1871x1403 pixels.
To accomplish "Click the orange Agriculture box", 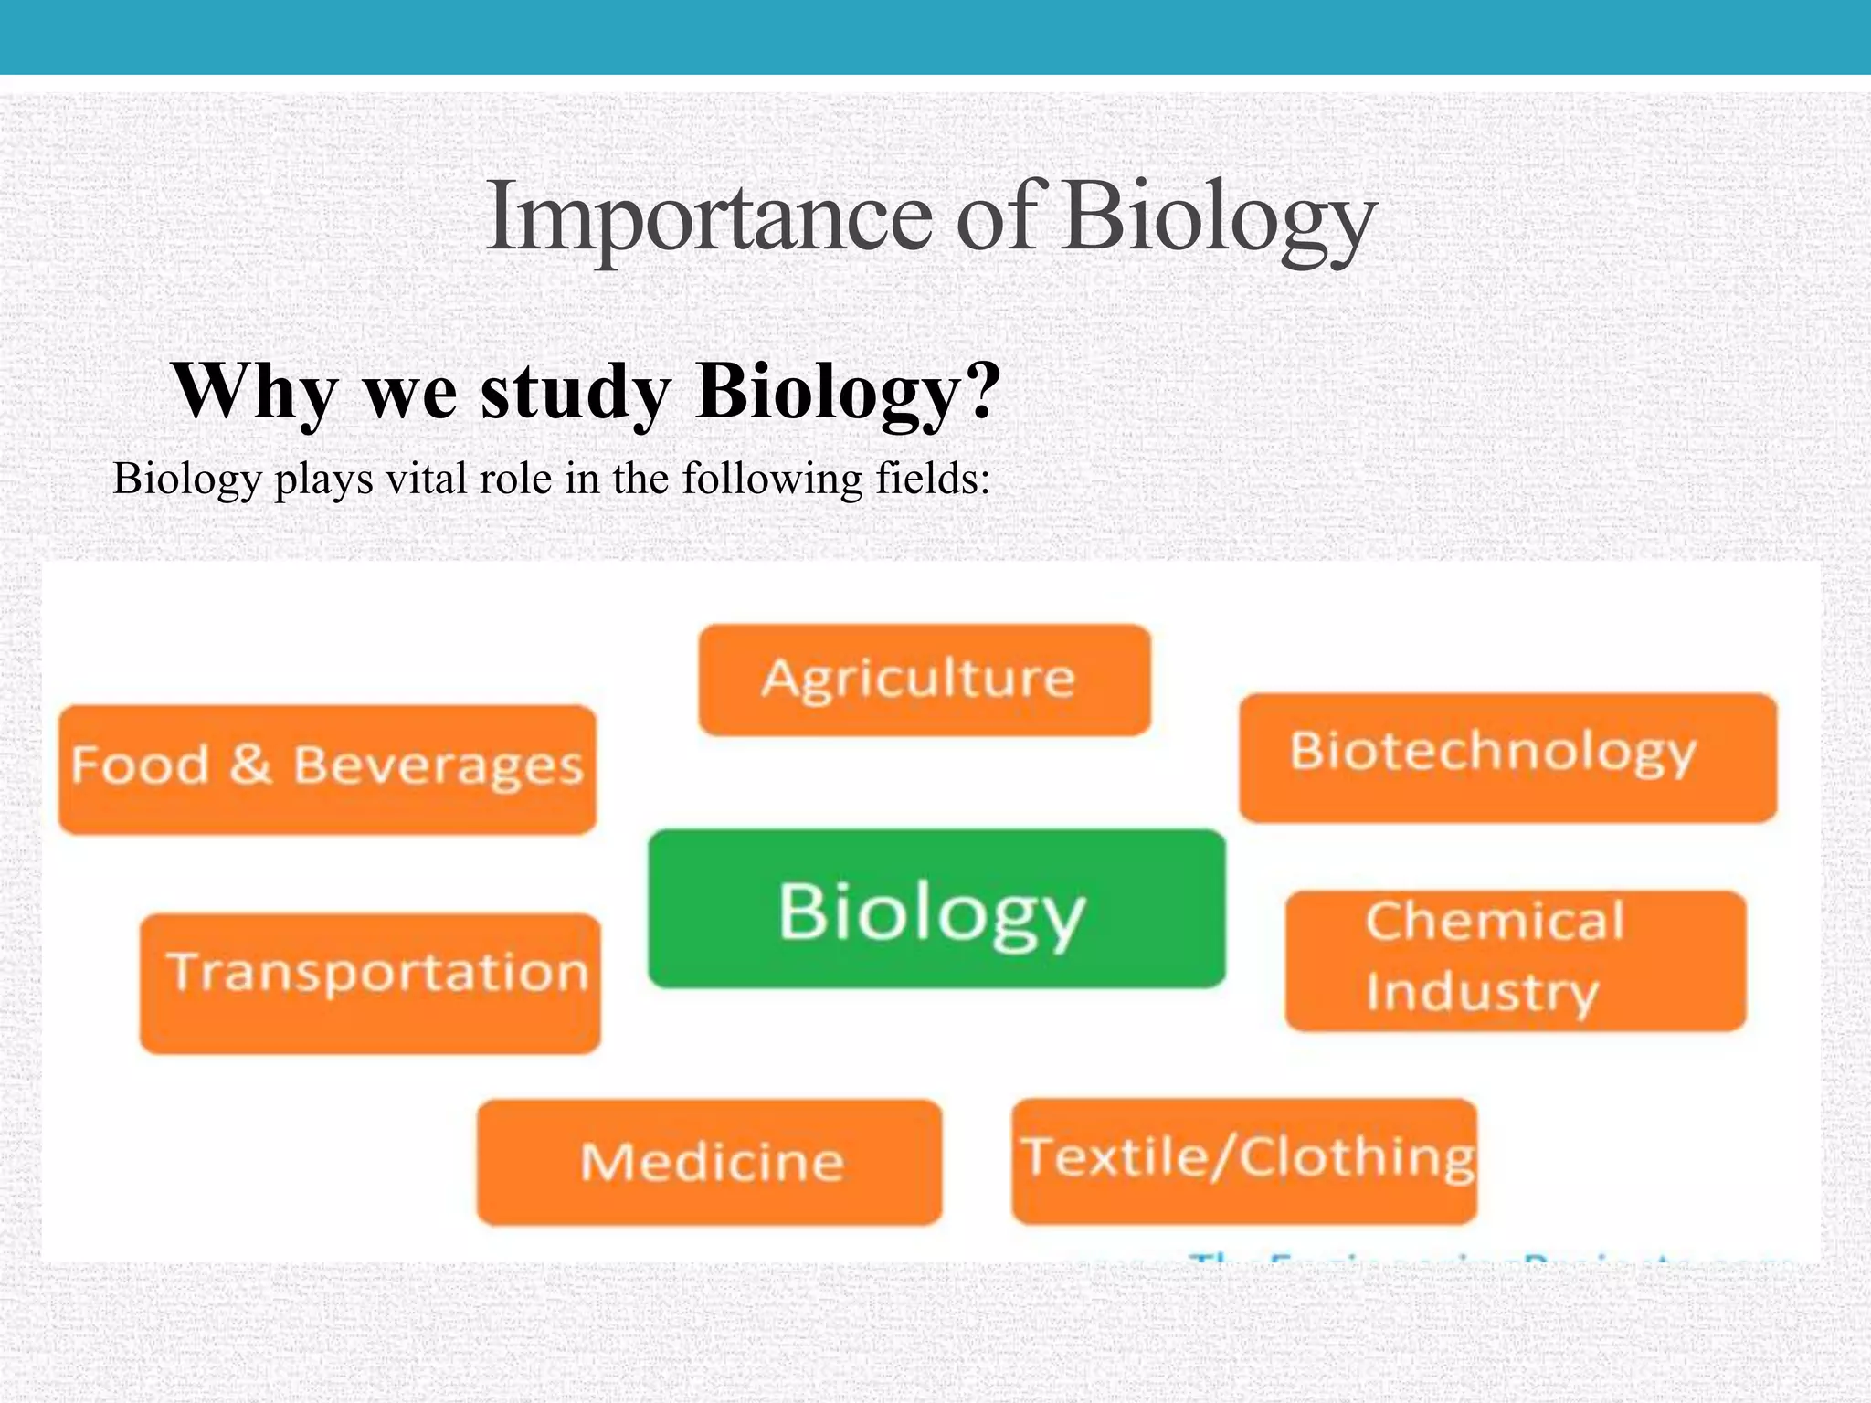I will coord(924,680).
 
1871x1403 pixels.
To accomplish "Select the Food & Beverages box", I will coord(327,768).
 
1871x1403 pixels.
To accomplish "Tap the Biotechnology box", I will coord(1507,757).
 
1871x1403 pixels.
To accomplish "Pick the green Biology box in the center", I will coord(936,909).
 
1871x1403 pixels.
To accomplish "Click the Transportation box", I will coord(370,983).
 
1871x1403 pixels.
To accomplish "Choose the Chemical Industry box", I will coord(1515,961).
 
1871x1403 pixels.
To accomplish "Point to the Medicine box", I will coord(709,1162).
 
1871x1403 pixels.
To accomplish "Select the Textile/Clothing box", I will coord(1244,1161).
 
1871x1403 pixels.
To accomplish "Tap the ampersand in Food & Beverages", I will coord(250,765).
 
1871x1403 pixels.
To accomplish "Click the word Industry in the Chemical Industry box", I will coord(1482,993).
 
